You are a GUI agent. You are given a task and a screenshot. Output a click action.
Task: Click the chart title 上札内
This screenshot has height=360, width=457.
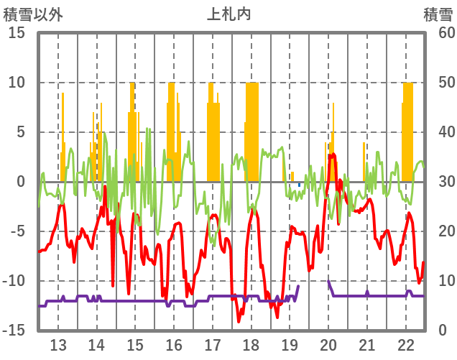228,14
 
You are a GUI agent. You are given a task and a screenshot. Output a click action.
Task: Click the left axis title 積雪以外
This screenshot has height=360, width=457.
32,14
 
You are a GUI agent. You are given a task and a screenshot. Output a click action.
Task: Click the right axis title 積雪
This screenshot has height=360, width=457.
438,14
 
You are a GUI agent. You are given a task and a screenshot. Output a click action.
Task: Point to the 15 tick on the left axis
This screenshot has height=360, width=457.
17,33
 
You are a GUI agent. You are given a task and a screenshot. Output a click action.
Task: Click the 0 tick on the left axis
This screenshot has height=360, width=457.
22,182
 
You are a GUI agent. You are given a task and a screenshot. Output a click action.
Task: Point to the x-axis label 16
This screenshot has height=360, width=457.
174,343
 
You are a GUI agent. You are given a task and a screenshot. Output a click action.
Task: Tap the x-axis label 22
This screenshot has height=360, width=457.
406,343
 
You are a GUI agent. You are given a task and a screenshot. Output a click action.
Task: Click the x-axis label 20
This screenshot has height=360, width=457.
328,343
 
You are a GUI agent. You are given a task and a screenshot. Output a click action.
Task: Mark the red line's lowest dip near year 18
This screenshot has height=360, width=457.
239,320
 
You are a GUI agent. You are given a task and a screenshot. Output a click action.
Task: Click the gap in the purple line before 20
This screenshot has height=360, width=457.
313,285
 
